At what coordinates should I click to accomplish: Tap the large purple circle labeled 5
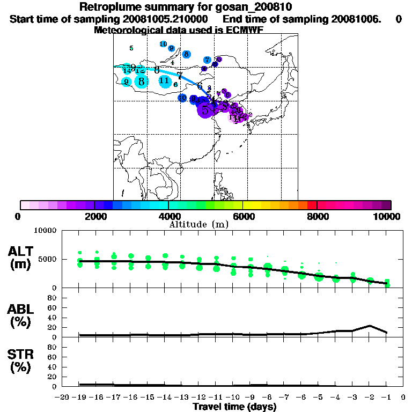[205, 110]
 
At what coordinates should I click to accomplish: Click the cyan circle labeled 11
[165, 81]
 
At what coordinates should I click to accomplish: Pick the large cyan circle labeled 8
[141, 82]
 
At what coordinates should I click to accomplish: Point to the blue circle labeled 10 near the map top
[164, 44]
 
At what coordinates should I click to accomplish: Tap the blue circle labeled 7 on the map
[207, 60]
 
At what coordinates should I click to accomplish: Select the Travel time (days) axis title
[234, 407]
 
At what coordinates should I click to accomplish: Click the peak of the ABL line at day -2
[370, 326]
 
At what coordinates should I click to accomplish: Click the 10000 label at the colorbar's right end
[387, 216]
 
